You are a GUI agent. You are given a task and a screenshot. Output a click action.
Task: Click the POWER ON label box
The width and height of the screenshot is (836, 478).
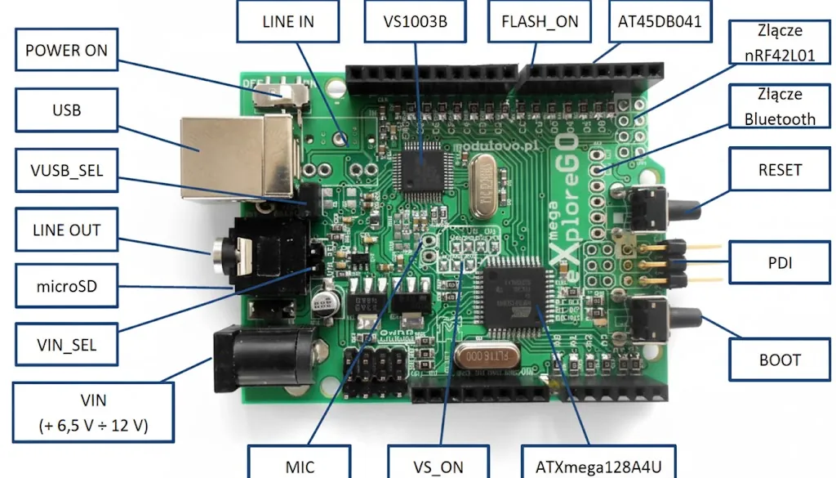(66, 51)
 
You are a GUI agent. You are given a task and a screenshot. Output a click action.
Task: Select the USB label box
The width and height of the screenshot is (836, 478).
(66, 109)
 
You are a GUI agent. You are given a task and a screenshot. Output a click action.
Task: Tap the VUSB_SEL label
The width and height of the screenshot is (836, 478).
(66, 170)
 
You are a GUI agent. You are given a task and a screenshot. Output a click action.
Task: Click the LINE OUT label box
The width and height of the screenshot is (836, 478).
(66, 230)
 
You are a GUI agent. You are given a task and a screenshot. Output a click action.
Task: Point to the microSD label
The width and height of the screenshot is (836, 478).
(66, 287)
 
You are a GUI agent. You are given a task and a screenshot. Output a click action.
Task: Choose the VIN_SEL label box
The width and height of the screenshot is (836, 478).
(66, 345)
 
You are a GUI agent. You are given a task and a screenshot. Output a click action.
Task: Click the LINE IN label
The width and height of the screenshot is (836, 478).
(288, 21)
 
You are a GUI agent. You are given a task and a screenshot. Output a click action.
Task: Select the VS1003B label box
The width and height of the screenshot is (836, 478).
(415, 21)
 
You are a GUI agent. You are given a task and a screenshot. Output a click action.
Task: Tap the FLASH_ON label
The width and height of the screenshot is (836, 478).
(539, 21)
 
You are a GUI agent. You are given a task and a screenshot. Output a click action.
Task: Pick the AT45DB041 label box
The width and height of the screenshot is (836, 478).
(660, 21)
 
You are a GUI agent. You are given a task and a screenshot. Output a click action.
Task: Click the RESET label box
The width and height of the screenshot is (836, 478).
(780, 171)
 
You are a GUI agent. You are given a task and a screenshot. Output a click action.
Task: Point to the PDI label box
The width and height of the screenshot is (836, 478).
(780, 263)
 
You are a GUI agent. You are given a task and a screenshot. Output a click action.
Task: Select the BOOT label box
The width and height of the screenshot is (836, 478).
(780, 360)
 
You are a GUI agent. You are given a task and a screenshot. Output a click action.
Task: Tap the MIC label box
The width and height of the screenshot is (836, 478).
(299, 467)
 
